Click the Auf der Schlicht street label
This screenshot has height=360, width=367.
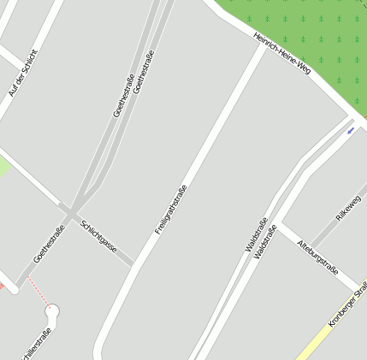(23, 73)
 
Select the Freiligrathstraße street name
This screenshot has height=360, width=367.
(171, 210)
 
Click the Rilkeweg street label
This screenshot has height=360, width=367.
(348, 209)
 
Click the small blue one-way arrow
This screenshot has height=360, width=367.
(350, 131)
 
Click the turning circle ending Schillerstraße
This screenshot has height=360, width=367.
(53, 313)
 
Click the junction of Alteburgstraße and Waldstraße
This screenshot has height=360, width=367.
(280, 226)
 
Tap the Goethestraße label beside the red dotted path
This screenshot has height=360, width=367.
(49, 244)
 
